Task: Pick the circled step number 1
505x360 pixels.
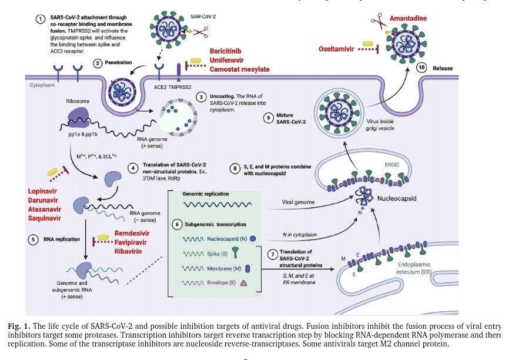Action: click(x=41, y=19)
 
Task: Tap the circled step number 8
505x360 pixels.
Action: click(x=235, y=168)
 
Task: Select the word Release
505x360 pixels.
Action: click(x=444, y=68)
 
